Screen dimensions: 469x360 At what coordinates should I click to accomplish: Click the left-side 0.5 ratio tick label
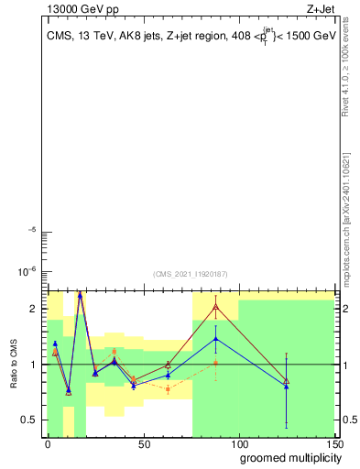[x=29, y=420]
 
